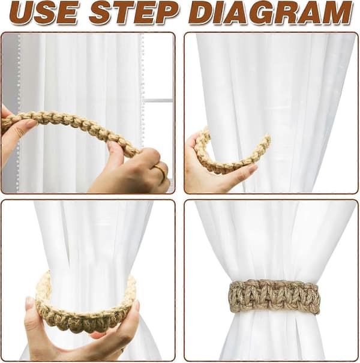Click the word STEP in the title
click(134, 13)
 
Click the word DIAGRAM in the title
click(271, 13)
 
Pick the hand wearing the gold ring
click(134, 172)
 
